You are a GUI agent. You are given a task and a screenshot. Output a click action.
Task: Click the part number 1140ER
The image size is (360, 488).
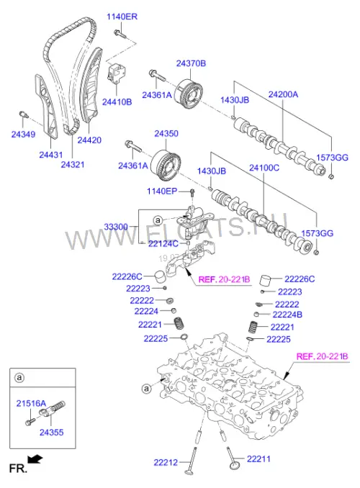coord(122,17)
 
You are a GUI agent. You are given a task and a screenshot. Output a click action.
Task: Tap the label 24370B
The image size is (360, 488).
coord(191,63)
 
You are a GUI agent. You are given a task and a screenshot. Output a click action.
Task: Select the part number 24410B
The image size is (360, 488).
coord(117,102)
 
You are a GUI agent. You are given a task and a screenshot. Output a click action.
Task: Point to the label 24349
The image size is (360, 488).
coord(23,135)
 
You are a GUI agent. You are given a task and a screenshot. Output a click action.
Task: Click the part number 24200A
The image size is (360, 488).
coord(283,94)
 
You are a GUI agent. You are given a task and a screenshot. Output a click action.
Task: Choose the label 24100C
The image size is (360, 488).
coord(264,168)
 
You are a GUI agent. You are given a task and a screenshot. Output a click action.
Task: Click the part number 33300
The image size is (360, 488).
coord(116,227)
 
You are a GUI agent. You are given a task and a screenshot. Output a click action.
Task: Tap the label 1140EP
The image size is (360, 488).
coord(162,191)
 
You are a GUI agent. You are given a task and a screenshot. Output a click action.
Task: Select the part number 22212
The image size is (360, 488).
coord(166,463)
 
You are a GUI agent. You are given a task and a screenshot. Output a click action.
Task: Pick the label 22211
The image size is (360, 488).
coord(258,458)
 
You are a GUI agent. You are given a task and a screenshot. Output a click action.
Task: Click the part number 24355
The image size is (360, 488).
coord(51,433)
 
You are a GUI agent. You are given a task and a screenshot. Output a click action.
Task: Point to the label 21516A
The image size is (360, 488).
coord(31,404)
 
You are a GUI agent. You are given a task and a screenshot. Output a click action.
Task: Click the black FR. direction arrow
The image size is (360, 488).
coord(35,458)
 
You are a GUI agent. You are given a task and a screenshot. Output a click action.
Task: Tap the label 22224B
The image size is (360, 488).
coord(287,315)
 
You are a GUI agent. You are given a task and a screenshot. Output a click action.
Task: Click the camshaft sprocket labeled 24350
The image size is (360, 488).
coord(166,166)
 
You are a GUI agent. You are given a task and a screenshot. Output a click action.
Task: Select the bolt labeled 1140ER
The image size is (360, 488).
coord(120,34)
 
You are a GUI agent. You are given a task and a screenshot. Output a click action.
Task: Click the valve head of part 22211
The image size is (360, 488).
coord(235,466)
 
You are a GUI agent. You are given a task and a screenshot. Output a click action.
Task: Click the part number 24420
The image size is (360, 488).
coord(89,140)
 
